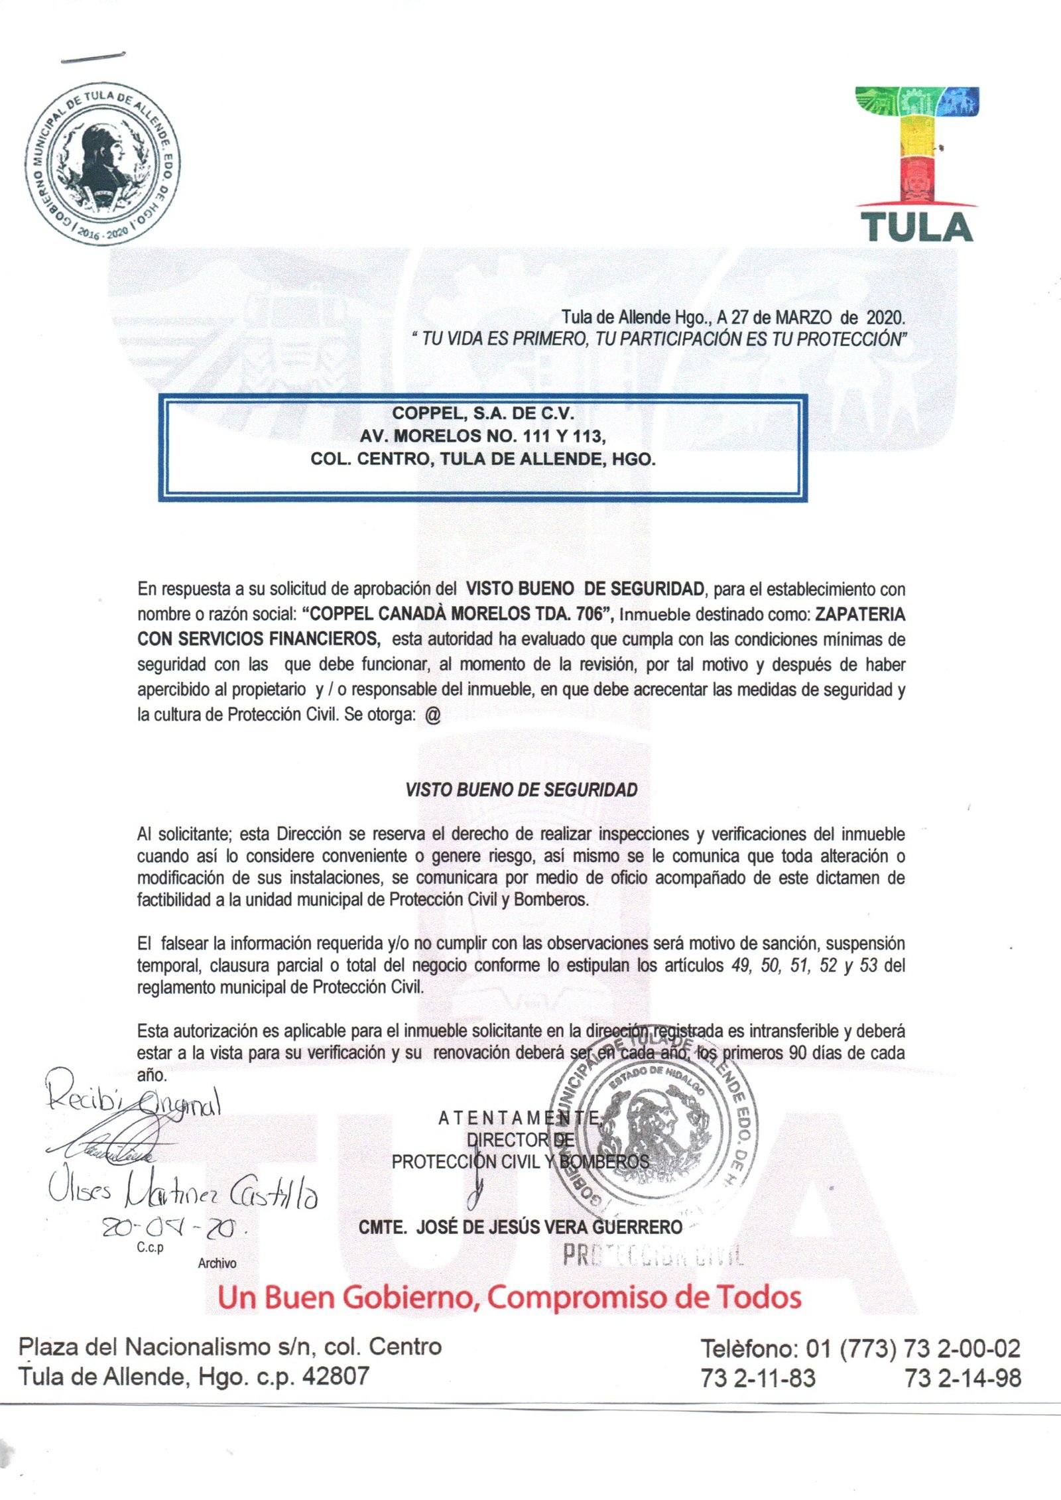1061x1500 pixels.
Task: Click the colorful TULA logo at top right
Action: (917, 164)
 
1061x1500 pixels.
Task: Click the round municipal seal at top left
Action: (103, 164)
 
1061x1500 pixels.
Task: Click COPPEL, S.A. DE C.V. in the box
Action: (483, 413)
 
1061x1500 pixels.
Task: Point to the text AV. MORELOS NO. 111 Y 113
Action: (483, 436)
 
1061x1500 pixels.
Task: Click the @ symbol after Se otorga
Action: (432, 716)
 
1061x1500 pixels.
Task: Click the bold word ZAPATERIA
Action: (859, 614)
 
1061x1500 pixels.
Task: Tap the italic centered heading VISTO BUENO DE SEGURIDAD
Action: (521, 790)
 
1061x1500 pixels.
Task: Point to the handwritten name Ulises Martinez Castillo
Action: (182, 1194)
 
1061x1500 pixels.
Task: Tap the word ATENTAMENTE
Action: (520, 1119)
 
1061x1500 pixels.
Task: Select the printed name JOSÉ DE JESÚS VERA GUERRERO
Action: (549, 1227)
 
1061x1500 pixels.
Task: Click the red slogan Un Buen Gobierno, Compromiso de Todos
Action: (509, 1297)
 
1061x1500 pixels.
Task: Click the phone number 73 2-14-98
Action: (963, 1378)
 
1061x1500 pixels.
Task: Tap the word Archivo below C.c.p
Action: (217, 1263)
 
